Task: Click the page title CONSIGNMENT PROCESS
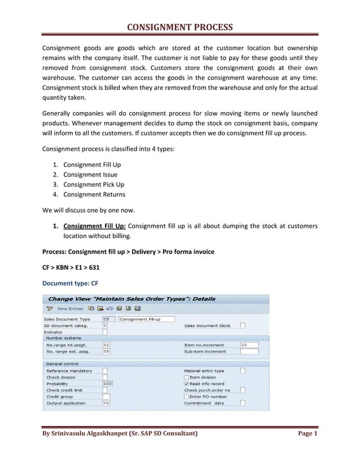(179, 28)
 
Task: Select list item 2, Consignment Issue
(90, 174)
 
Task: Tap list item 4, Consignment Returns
(94, 194)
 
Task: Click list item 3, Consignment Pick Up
(94, 184)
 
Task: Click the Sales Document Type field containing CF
(106, 319)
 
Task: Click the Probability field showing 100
(107, 384)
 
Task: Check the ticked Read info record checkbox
(186, 384)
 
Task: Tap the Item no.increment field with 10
(248, 345)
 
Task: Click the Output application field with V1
(106, 403)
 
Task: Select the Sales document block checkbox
(243, 326)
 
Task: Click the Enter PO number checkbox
(186, 397)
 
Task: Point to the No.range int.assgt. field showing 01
(106, 345)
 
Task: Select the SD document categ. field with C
(106, 326)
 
